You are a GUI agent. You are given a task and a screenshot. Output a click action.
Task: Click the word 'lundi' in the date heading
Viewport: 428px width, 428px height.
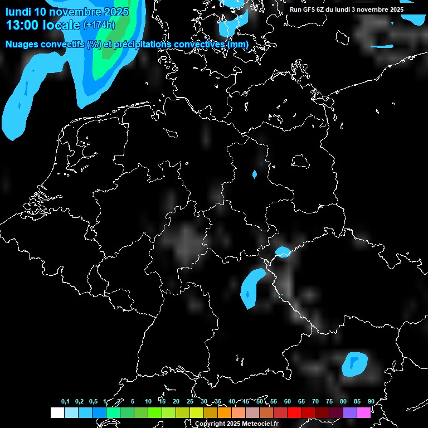tap(18, 12)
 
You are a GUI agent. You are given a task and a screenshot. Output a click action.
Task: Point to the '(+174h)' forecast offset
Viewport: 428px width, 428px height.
tap(99, 25)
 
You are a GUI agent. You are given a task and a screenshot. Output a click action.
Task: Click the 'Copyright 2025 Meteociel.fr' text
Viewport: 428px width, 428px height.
tap(236, 424)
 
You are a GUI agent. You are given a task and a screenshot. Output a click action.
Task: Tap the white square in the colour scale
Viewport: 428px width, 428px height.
tap(57, 412)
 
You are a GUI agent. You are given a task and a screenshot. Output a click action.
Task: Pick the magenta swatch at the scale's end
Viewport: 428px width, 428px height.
tap(363, 412)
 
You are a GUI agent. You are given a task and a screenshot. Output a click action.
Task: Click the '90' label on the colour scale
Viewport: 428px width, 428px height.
tap(371, 401)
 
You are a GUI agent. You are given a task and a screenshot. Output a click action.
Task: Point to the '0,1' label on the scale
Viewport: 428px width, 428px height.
tap(65, 401)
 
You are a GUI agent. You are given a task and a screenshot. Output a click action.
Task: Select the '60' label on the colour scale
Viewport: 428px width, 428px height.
tap(288, 401)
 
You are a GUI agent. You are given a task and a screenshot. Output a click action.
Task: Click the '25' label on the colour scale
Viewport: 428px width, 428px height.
tap(190, 401)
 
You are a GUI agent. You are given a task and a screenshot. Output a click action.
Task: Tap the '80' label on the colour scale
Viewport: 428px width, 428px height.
tap(343, 401)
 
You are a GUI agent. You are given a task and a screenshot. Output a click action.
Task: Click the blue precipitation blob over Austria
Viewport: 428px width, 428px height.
tap(354, 364)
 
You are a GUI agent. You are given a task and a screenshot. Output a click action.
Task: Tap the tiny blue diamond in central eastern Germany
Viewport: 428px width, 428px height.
tap(255, 174)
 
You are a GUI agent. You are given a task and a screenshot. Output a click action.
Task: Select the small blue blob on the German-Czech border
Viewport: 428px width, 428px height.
tap(283, 252)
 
